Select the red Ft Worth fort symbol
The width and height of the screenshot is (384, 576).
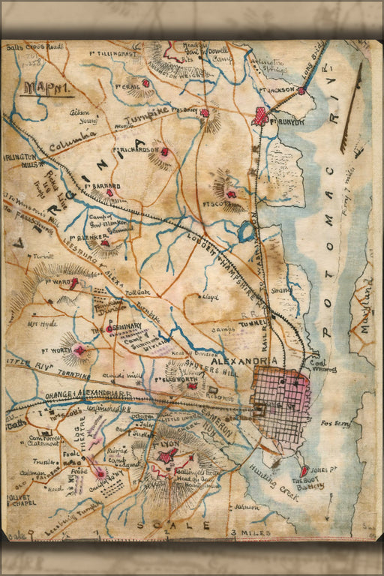click(x=79, y=349)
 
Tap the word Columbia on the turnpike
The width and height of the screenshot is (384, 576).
click(x=74, y=138)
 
